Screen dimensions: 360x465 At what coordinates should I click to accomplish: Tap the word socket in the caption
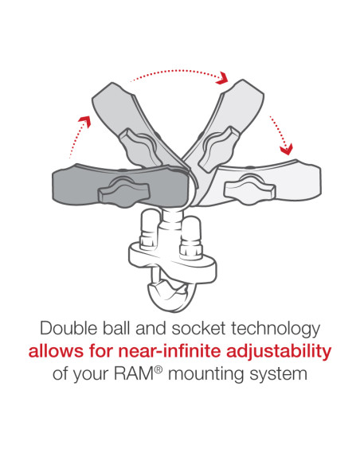point(198,328)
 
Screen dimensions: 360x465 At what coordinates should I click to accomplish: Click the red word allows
point(56,351)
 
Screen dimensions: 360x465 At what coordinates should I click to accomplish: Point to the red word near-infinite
point(170,351)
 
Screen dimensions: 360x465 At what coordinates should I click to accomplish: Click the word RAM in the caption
point(134,374)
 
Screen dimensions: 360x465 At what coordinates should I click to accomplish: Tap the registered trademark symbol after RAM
point(158,369)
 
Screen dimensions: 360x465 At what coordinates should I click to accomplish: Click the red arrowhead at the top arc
point(222,78)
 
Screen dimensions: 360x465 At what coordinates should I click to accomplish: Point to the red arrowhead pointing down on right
point(287,149)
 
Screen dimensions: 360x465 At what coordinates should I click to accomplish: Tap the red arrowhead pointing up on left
point(84,122)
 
